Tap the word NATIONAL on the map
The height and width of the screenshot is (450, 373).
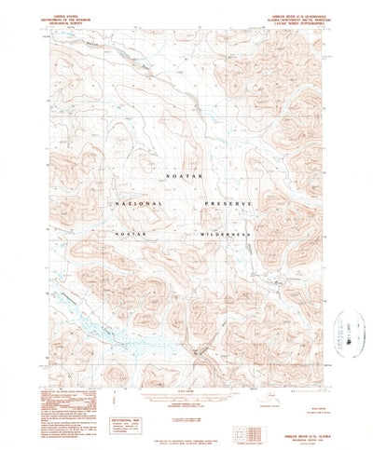(x=138, y=203)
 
